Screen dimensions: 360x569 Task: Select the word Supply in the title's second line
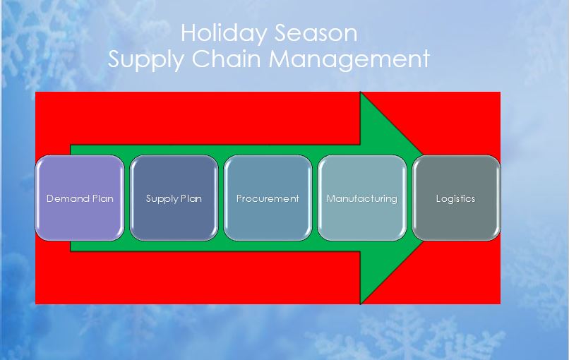click(x=144, y=59)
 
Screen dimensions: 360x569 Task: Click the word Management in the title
click(x=350, y=59)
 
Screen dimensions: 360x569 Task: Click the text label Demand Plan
click(x=80, y=198)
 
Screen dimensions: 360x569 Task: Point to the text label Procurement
click(x=268, y=198)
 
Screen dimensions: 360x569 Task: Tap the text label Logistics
click(x=455, y=198)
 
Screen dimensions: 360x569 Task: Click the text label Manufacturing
click(x=361, y=198)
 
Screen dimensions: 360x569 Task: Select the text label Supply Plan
click(x=174, y=198)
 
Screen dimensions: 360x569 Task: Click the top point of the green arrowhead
click(x=361, y=93)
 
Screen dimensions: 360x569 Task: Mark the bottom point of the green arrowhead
click(x=361, y=303)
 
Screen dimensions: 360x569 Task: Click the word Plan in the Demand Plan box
click(x=102, y=198)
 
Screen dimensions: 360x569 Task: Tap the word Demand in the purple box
click(x=68, y=198)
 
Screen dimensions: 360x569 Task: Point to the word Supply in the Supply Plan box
click(x=161, y=198)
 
